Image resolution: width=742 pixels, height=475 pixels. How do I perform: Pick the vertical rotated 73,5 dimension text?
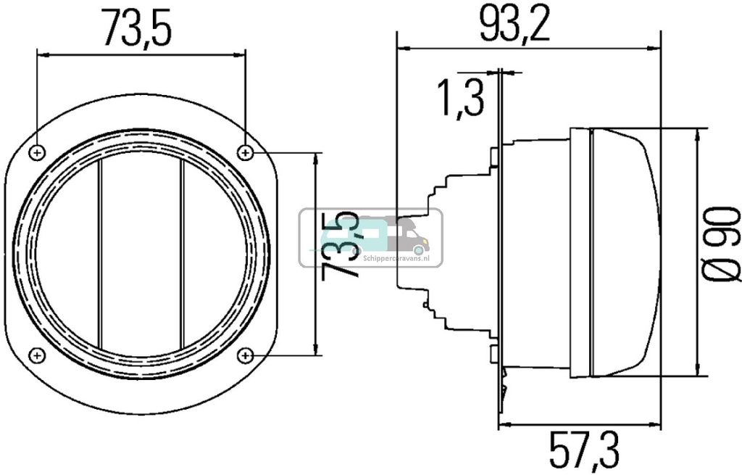341,247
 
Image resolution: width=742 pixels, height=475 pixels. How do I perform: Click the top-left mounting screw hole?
38,152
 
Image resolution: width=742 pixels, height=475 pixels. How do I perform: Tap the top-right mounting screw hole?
246,152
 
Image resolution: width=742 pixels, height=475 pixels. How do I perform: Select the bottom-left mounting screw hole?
38,355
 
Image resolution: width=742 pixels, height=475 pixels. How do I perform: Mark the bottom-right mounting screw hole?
246,355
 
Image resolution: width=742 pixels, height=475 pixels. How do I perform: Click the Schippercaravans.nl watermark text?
391,253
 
